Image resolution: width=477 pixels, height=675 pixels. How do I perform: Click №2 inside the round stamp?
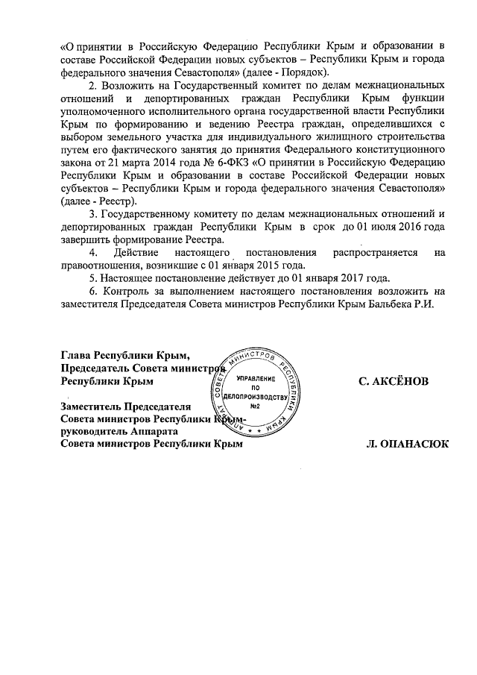click(x=255, y=406)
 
